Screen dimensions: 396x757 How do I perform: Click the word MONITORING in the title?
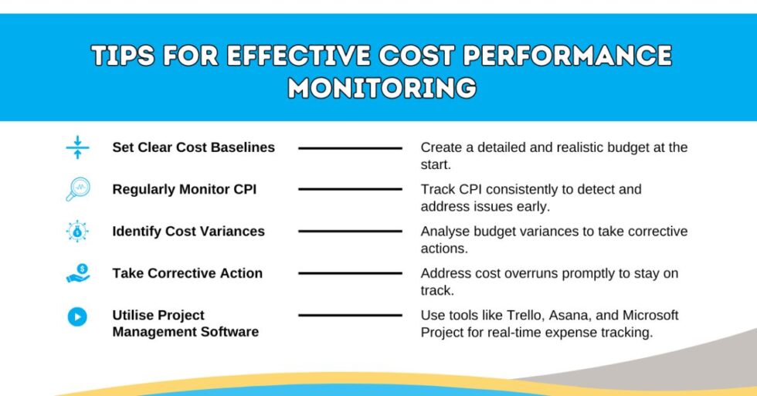(382, 86)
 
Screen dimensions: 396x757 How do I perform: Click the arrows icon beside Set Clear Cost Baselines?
(77, 147)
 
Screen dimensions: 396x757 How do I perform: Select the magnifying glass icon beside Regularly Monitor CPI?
(77, 189)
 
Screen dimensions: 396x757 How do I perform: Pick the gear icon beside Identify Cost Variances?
(77, 231)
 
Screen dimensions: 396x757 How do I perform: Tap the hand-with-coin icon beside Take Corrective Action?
(77, 273)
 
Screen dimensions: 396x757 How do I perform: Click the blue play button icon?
(77, 316)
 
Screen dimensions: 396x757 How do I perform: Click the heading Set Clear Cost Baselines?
(193, 147)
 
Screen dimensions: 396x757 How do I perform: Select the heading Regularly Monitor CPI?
(184, 189)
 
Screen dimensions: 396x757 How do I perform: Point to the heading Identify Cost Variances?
(188, 231)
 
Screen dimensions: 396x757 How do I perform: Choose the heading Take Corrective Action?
(187, 273)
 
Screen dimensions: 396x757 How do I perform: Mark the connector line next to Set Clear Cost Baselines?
(350, 147)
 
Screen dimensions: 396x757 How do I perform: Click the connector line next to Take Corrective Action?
(350, 273)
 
